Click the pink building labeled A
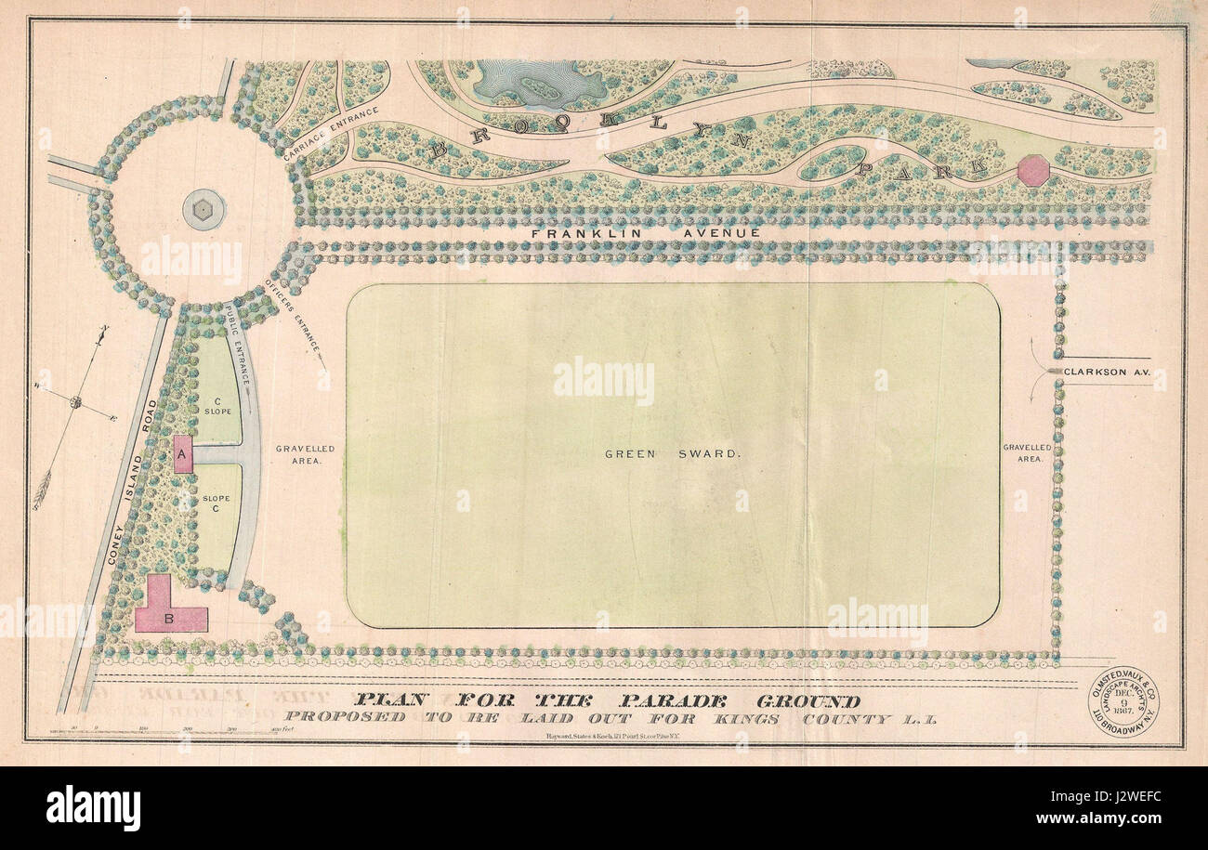pos(183,453)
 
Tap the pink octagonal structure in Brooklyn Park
pos(1032,171)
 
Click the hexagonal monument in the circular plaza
pos(203,210)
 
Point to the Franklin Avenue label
pos(646,232)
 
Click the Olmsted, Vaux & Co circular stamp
pos(1123,702)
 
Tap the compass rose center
pos(76,402)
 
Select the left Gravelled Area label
pos(305,453)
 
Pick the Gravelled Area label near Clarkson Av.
pos(1027,452)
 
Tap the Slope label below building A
pos(216,503)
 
